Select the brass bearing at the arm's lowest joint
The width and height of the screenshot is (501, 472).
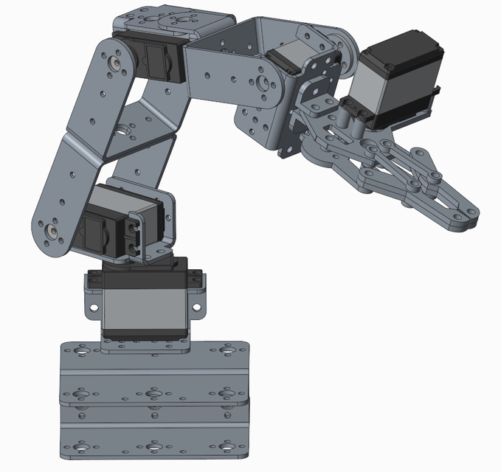click(54, 231)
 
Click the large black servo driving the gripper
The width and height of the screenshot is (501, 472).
click(395, 81)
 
